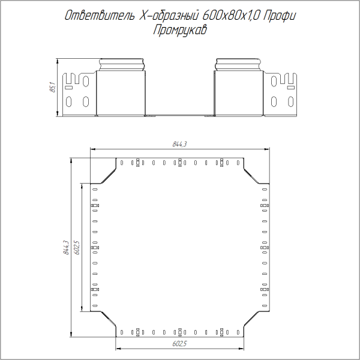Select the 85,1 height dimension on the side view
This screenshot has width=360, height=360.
pos(52,88)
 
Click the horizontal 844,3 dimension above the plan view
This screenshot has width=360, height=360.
pos(179,144)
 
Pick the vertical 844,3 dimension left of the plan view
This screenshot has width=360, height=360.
pos(66,248)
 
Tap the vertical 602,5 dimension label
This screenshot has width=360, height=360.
pos(77,248)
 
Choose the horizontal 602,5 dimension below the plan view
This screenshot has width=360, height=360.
pos(179,343)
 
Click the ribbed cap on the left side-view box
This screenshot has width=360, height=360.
pos(121,64)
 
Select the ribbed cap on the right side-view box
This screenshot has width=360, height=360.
pos(239,64)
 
